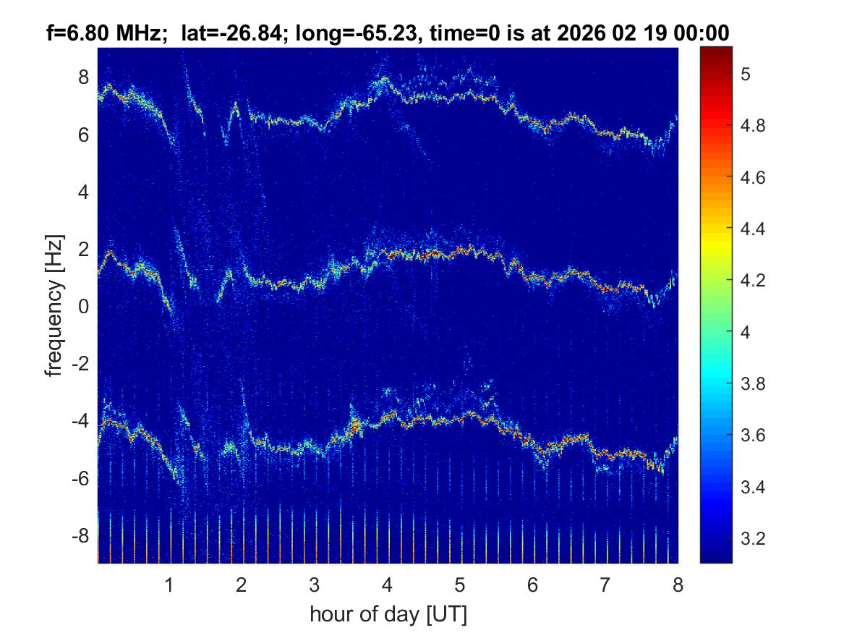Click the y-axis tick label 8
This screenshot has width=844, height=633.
pyautogui.click(x=82, y=77)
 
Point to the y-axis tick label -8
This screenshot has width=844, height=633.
pyautogui.click(x=80, y=536)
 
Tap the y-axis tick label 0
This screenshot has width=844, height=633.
pyautogui.click(x=82, y=307)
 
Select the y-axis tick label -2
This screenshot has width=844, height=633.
pyautogui.click(x=80, y=364)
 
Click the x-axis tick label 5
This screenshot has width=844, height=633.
pyautogui.click(x=459, y=585)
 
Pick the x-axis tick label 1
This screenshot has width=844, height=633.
pyautogui.click(x=169, y=585)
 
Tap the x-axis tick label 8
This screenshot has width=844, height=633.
pyautogui.click(x=677, y=585)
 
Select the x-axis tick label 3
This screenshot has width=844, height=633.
pyautogui.click(x=314, y=585)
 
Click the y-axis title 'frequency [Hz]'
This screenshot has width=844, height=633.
pyautogui.click(x=54, y=305)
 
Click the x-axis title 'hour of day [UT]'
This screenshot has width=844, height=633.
pyautogui.click(x=388, y=615)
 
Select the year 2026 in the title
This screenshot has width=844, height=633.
pyautogui.click(x=595, y=33)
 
